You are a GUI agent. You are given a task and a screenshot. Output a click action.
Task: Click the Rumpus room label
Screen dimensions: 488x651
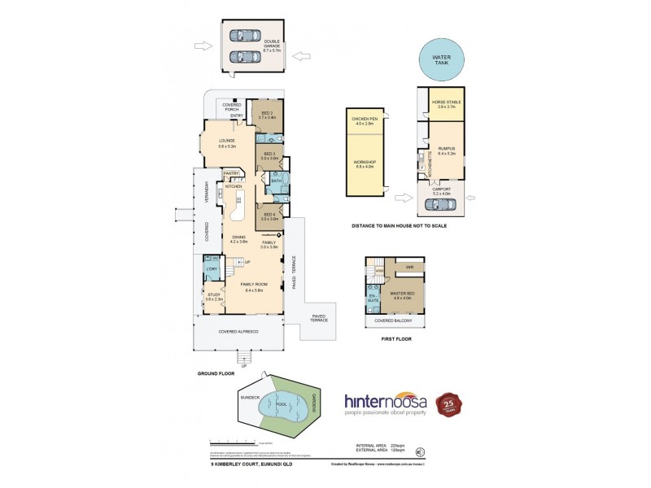pos(445,150)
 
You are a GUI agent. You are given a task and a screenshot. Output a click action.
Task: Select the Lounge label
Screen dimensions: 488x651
pos(227,143)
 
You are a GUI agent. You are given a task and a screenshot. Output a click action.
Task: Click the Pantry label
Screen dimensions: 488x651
pos(231,172)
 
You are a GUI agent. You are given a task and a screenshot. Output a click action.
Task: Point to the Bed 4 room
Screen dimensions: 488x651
pos(269,216)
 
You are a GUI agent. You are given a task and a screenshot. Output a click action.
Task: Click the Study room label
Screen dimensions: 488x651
pos(214,298)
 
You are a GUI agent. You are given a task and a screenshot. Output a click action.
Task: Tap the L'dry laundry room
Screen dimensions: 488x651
pos(210,269)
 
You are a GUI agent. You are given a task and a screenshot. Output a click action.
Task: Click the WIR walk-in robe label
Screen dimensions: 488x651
pos(410,266)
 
